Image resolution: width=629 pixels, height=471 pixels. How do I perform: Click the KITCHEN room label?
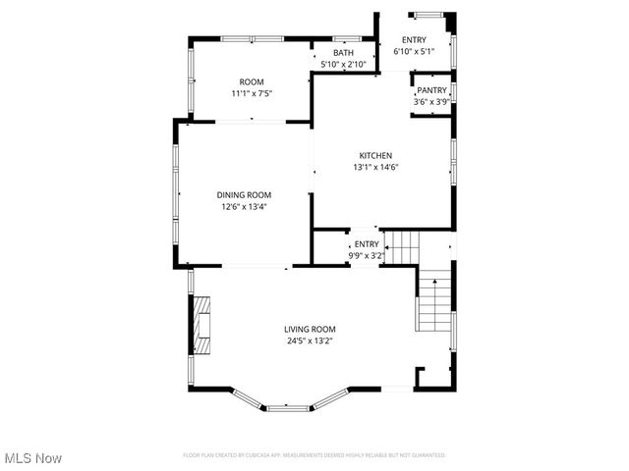tap(374, 156)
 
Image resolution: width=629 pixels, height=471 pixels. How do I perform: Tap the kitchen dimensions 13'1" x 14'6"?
tap(374, 167)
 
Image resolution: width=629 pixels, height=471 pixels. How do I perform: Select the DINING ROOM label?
tap(244, 195)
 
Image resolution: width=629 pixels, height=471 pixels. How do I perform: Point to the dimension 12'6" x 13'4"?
tap(244, 206)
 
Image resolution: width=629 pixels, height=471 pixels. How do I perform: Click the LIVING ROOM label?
tap(310, 330)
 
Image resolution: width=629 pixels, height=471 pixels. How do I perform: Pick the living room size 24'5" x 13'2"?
tap(310, 341)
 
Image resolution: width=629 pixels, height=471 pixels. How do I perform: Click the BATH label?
tap(343, 53)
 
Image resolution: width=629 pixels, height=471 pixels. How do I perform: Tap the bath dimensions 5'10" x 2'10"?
tap(343, 64)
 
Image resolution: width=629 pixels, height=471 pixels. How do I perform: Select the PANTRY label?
tap(431, 90)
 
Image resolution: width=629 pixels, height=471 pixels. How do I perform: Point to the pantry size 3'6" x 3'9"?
tap(431, 101)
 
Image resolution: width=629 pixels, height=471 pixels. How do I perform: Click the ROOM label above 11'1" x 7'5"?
tap(252, 82)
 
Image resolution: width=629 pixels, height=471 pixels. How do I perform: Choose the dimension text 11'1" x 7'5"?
tap(252, 93)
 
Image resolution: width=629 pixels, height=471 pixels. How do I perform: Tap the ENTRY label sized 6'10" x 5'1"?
tap(413, 39)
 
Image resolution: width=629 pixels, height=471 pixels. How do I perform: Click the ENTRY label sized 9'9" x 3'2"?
tap(366, 244)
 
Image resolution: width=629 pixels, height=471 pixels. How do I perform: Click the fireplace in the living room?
tap(201, 325)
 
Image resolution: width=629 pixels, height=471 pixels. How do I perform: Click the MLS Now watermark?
tap(33, 458)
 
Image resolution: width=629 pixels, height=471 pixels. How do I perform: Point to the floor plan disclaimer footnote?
tap(314, 455)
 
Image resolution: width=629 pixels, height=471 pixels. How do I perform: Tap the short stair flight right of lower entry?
tap(401, 247)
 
